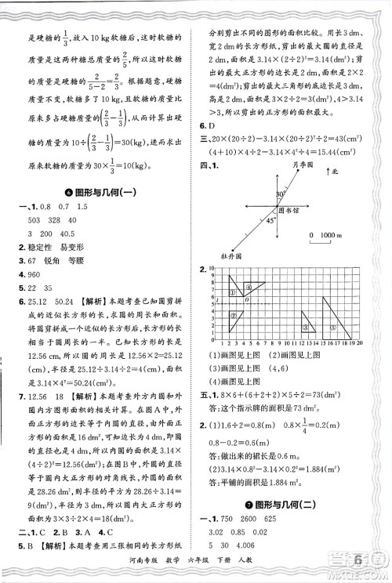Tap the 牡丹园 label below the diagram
pos(237,257)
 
